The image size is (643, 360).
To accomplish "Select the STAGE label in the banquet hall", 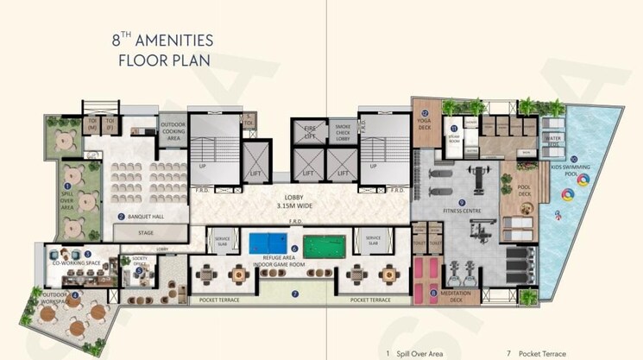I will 146,232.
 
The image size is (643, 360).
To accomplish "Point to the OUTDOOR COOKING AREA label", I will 172,131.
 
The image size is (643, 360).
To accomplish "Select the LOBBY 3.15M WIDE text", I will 299,200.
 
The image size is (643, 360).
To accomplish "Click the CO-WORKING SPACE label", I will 78,263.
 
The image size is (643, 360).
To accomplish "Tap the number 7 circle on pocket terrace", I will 295,294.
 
